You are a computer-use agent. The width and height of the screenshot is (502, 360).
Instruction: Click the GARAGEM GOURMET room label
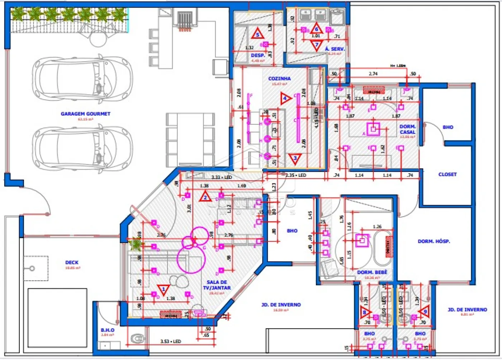pos(85,114)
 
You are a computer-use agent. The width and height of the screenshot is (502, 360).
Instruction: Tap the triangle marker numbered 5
pos(257,34)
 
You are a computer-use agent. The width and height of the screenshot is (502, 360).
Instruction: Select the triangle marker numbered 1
pos(164,289)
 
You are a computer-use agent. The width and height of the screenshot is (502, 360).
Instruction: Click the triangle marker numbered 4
pos(285,98)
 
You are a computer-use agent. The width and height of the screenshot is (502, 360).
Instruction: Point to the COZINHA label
pos(279,79)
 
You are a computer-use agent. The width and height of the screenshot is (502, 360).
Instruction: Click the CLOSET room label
pos(447,174)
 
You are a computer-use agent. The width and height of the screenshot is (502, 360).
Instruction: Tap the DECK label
pos(72,262)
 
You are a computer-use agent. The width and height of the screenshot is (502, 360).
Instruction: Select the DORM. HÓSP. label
pos(434,241)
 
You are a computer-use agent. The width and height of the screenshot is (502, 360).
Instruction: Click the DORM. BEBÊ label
pos(372,272)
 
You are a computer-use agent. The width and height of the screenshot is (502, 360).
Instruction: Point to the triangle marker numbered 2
pos(205,197)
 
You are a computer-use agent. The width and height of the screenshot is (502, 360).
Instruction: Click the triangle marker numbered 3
pos(295,158)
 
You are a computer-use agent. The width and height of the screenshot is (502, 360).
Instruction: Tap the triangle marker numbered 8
pos(365,312)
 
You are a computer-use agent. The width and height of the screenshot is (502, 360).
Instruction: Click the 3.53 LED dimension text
pos(171,341)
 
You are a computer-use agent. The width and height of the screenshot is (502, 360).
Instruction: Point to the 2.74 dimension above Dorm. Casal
pos(373,74)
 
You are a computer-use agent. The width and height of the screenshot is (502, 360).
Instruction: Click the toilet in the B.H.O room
pos(137,338)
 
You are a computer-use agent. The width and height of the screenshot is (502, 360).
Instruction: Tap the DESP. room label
pos(258,56)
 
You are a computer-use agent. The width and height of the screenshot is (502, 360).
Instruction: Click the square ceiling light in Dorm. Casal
pos(373,129)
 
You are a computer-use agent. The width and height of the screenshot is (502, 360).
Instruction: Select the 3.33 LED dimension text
pos(221,177)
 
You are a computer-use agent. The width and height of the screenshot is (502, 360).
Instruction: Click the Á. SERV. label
pos(335,49)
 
